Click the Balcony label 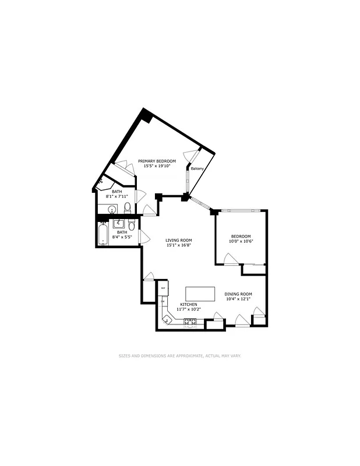coord(197,169)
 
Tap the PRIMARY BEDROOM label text coord(157,160)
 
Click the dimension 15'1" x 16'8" coord(179,245)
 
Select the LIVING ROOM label coord(179,240)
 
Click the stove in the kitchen coord(190,322)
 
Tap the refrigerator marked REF coord(163,288)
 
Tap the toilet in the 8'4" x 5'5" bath coord(132,225)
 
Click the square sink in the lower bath coord(119,223)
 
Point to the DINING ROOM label coord(238,294)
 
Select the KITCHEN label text coord(188,305)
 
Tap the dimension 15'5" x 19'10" coord(157,165)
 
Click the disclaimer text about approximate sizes coord(180,355)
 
